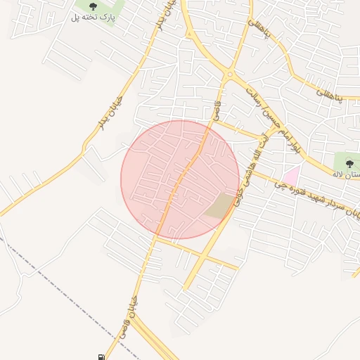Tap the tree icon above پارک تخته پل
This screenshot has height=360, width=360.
click(93, 6)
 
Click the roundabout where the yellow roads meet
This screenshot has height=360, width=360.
click(229, 74)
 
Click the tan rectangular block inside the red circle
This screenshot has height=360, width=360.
click(221, 205)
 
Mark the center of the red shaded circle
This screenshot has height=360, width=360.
click(180, 179)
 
